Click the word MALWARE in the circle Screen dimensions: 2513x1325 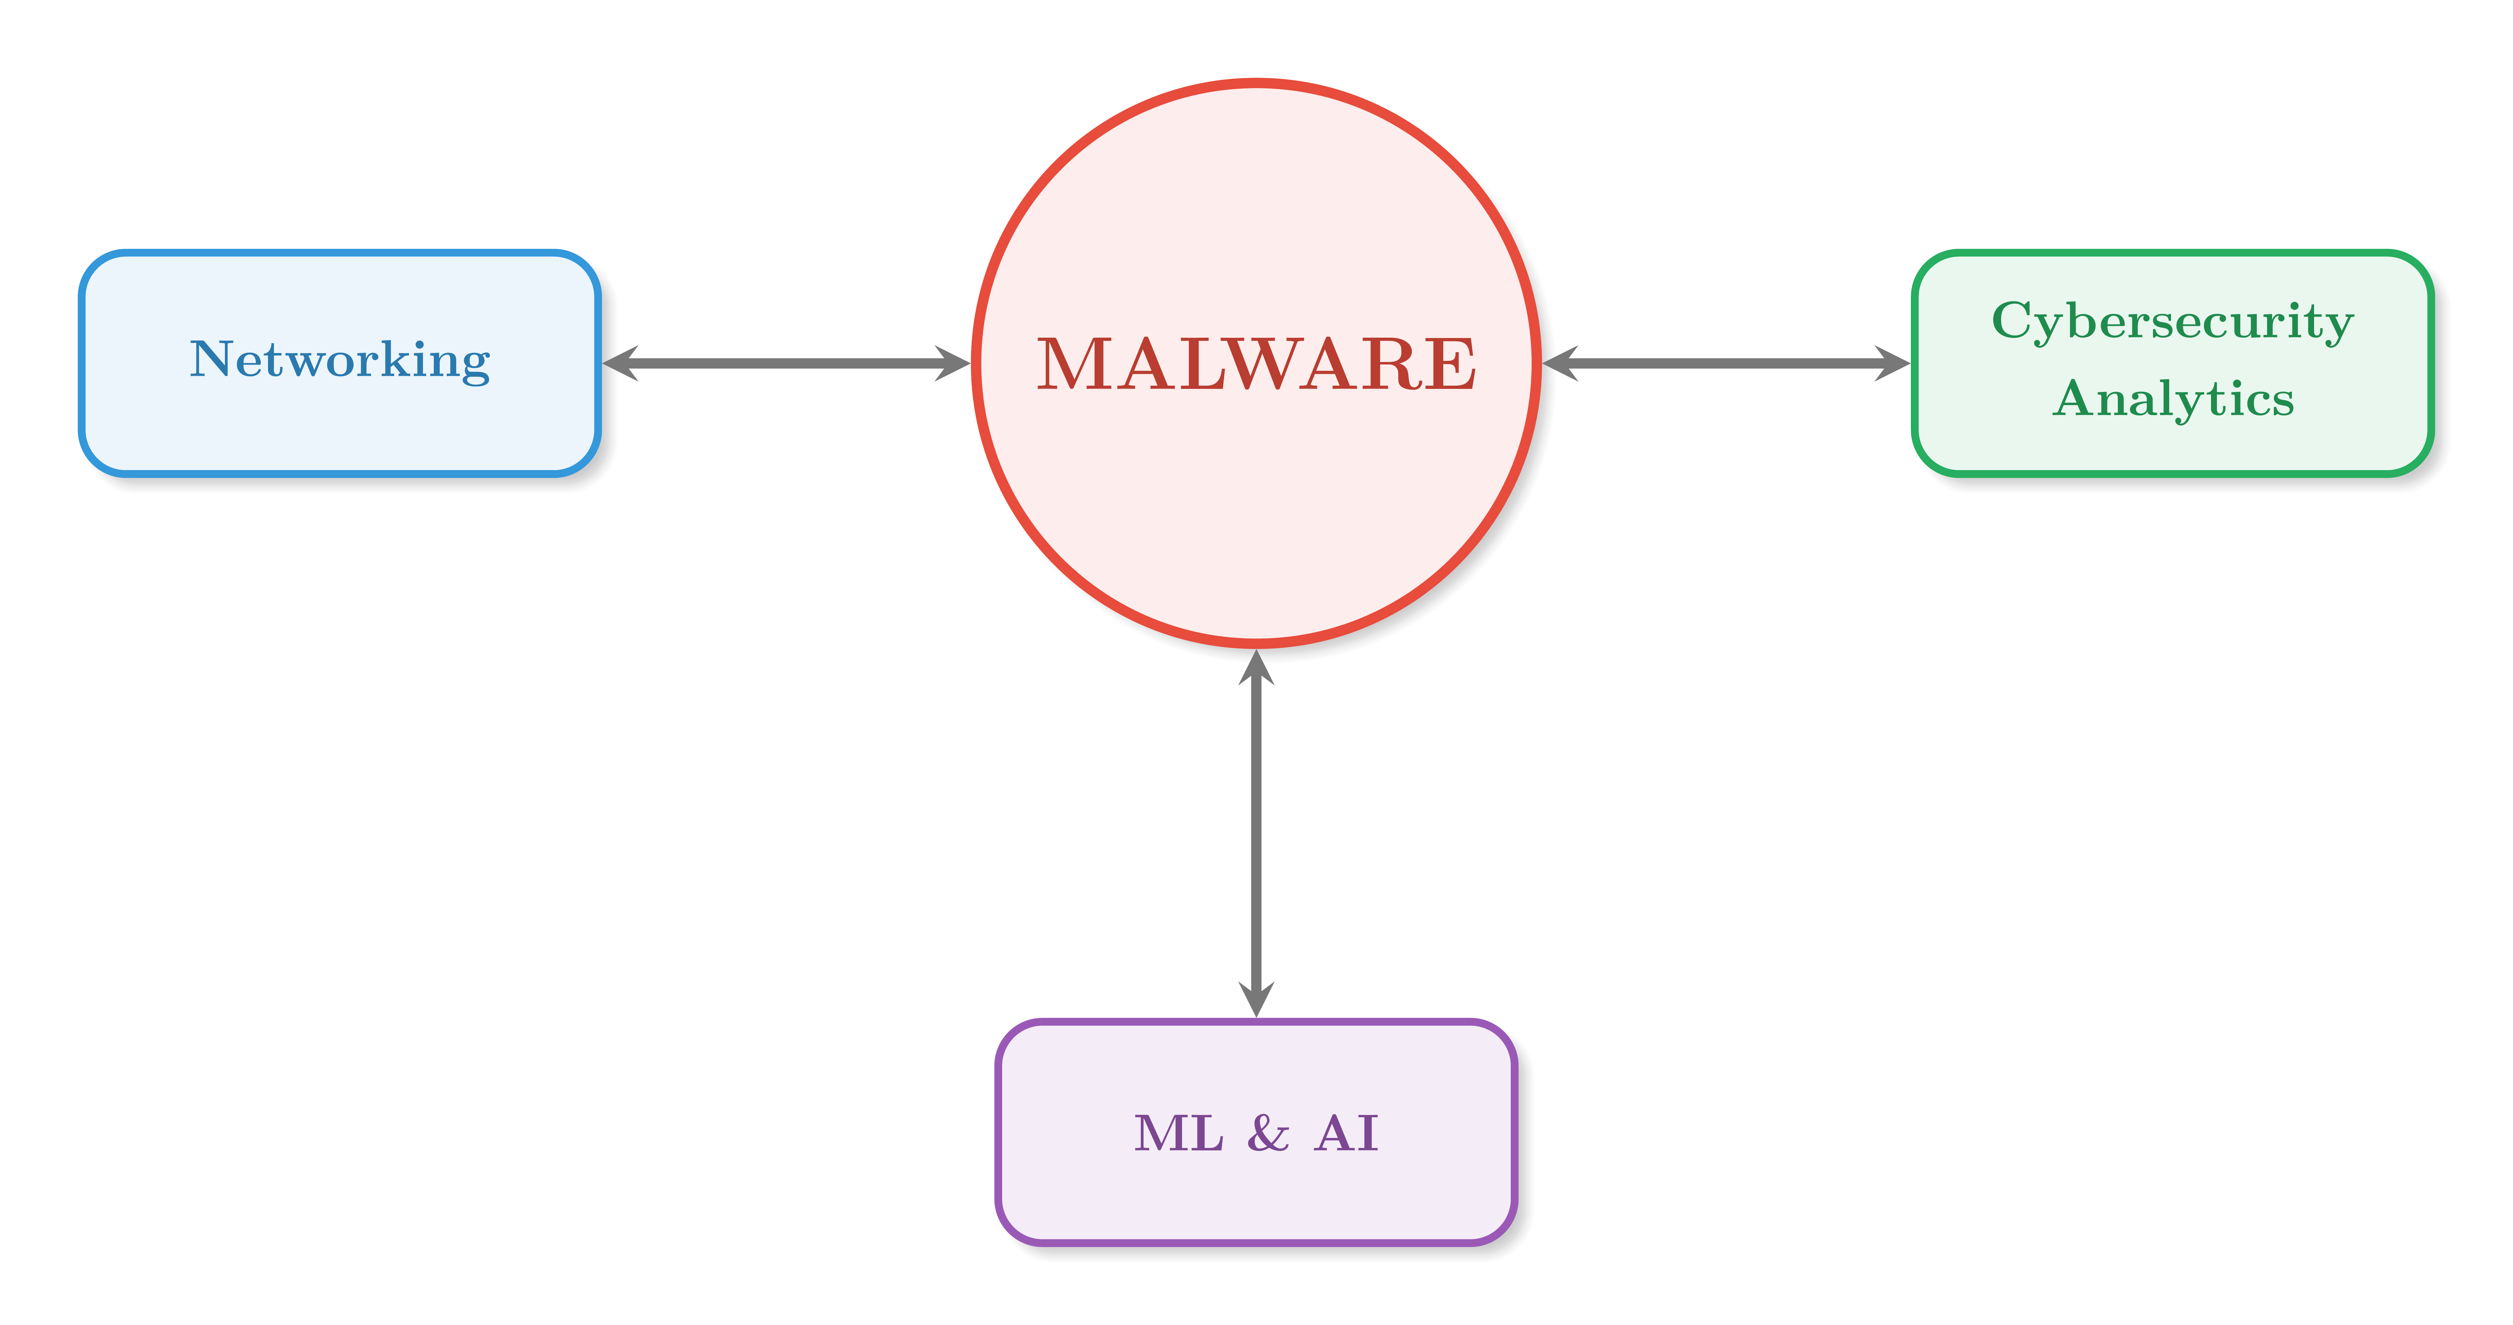point(1256,364)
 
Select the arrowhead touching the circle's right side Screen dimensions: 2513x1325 point(1560,363)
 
